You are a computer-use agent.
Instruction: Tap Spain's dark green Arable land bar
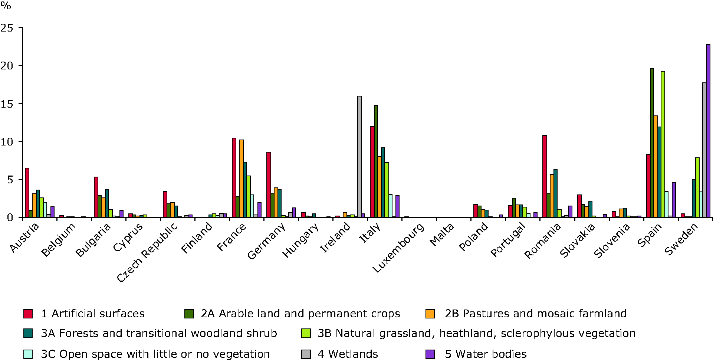[x=652, y=143]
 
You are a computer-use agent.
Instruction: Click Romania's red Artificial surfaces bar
[x=545, y=176]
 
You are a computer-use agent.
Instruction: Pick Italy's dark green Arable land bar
[x=376, y=161]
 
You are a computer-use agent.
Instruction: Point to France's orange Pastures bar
[x=241, y=179]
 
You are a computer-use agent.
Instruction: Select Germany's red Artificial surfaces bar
[x=269, y=184]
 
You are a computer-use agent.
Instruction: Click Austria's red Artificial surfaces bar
[x=27, y=193]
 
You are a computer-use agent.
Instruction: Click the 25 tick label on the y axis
[x=7, y=28]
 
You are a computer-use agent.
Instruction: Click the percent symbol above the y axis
[x=6, y=6]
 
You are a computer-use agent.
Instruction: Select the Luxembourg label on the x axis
[x=398, y=248]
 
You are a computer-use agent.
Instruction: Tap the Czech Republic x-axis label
[x=148, y=252]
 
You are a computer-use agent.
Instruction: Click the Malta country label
[x=441, y=235]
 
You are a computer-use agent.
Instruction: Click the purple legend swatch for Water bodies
[x=430, y=354]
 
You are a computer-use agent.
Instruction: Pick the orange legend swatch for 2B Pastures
[x=430, y=314]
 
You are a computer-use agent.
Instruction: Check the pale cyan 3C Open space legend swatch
[x=28, y=354]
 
